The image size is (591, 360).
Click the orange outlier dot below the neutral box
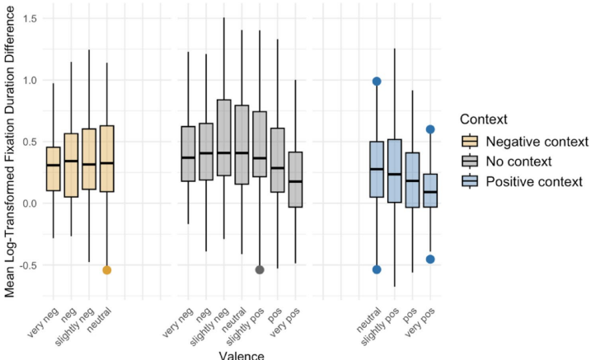point(106,270)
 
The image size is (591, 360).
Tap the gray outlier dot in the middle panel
point(260,270)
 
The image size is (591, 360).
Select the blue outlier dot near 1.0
point(377,82)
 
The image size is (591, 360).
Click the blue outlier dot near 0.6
point(429,129)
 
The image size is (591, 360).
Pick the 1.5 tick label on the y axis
point(33,18)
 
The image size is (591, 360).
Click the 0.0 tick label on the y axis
point(33,203)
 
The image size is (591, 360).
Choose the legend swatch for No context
point(472,161)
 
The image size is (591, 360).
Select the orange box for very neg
point(54,169)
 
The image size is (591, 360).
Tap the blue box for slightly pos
point(395,171)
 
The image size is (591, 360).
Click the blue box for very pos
point(429,190)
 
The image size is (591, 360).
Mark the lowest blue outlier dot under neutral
point(377,269)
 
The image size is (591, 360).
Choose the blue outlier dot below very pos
point(429,259)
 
